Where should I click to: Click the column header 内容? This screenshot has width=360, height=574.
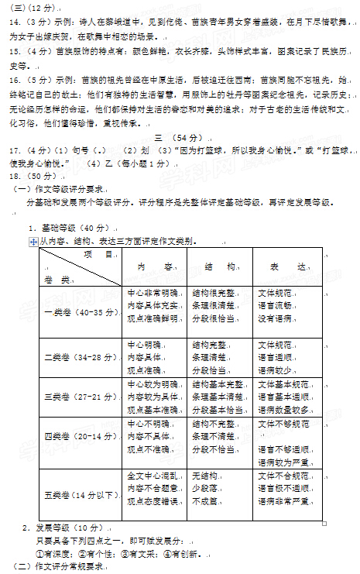[147, 266]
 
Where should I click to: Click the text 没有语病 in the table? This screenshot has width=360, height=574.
[276, 318]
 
